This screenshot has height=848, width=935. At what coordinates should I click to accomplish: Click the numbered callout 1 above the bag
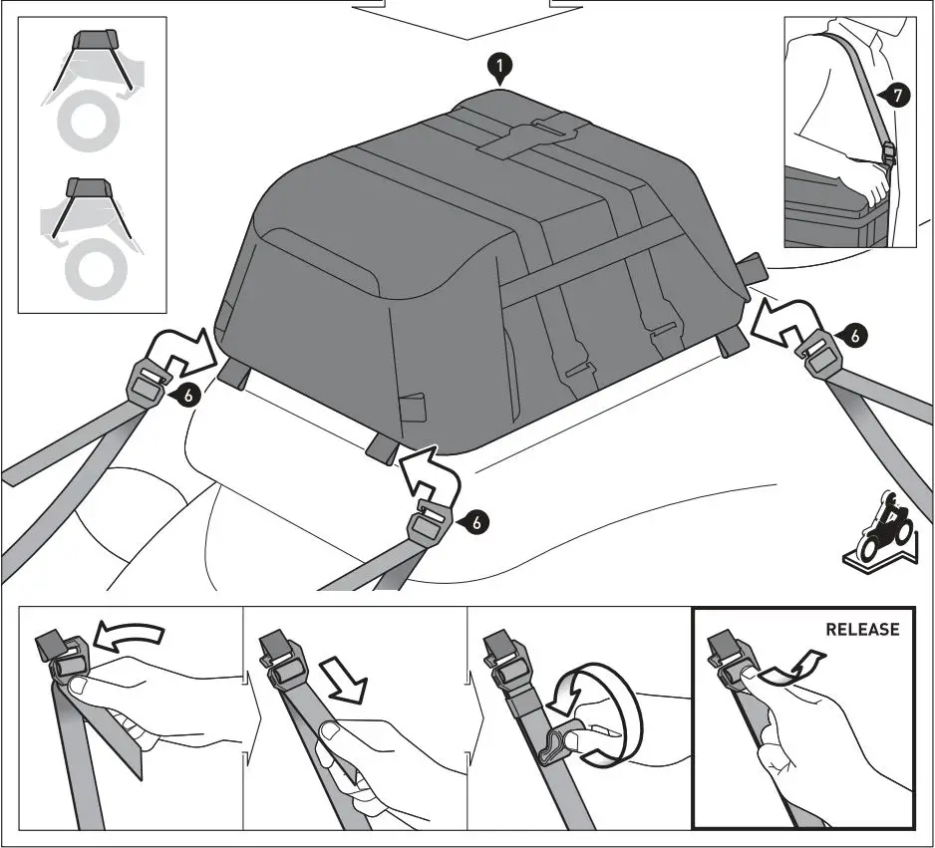(x=500, y=67)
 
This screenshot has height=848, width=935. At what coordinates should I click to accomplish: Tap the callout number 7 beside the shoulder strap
(x=896, y=96)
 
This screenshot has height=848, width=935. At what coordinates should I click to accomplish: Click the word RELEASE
(x=861, y=630)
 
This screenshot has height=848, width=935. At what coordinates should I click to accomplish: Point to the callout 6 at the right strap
(x=853, y=336)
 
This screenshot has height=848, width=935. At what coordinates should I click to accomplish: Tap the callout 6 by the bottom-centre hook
(x=475, y=520)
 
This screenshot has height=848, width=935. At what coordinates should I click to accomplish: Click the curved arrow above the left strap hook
(x=181, y=350)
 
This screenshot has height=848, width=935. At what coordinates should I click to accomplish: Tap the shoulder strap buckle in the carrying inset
(x=888, y=155)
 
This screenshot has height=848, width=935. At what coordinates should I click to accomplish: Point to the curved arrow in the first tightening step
(x=131, y=636)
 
